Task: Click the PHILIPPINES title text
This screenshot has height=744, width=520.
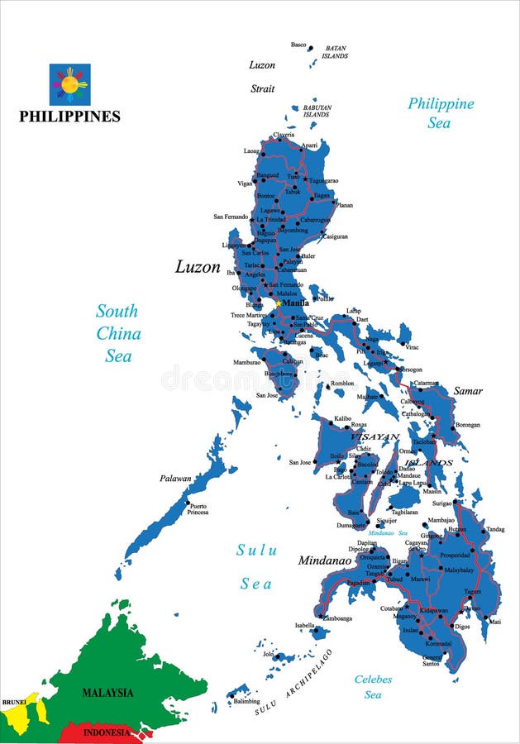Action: (x=69, y=117)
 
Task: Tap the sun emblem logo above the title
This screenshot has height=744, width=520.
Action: (x=69, y=83)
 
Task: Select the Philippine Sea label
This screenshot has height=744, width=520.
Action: (x=441, y=112)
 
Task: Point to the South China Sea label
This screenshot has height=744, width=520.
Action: (x=117, y=334)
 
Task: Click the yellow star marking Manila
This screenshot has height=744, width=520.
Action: (x=279, y=303)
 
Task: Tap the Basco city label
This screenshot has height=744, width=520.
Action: (x=298, y=45)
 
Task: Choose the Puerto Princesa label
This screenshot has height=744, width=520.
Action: (x=198, y=508)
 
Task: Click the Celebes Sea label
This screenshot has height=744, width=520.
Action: (x=373, y=687)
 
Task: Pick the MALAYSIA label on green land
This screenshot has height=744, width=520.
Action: (x=107, y=692)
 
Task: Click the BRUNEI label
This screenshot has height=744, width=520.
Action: (x=14, y=702)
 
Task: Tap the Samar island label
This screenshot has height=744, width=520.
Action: (x=468, y=390)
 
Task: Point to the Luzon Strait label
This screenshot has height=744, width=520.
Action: (x=262, y=76)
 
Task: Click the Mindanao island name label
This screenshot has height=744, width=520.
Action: (x=325, y=560)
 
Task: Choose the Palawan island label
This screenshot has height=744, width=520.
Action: (x=175, y=478)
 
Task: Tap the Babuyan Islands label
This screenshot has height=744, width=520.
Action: (x=316, y=111)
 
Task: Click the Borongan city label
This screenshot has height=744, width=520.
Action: (x=467, y=425)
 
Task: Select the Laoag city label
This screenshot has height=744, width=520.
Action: (x=251, y=151)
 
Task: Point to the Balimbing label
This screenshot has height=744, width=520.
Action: (x=246, y=701)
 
